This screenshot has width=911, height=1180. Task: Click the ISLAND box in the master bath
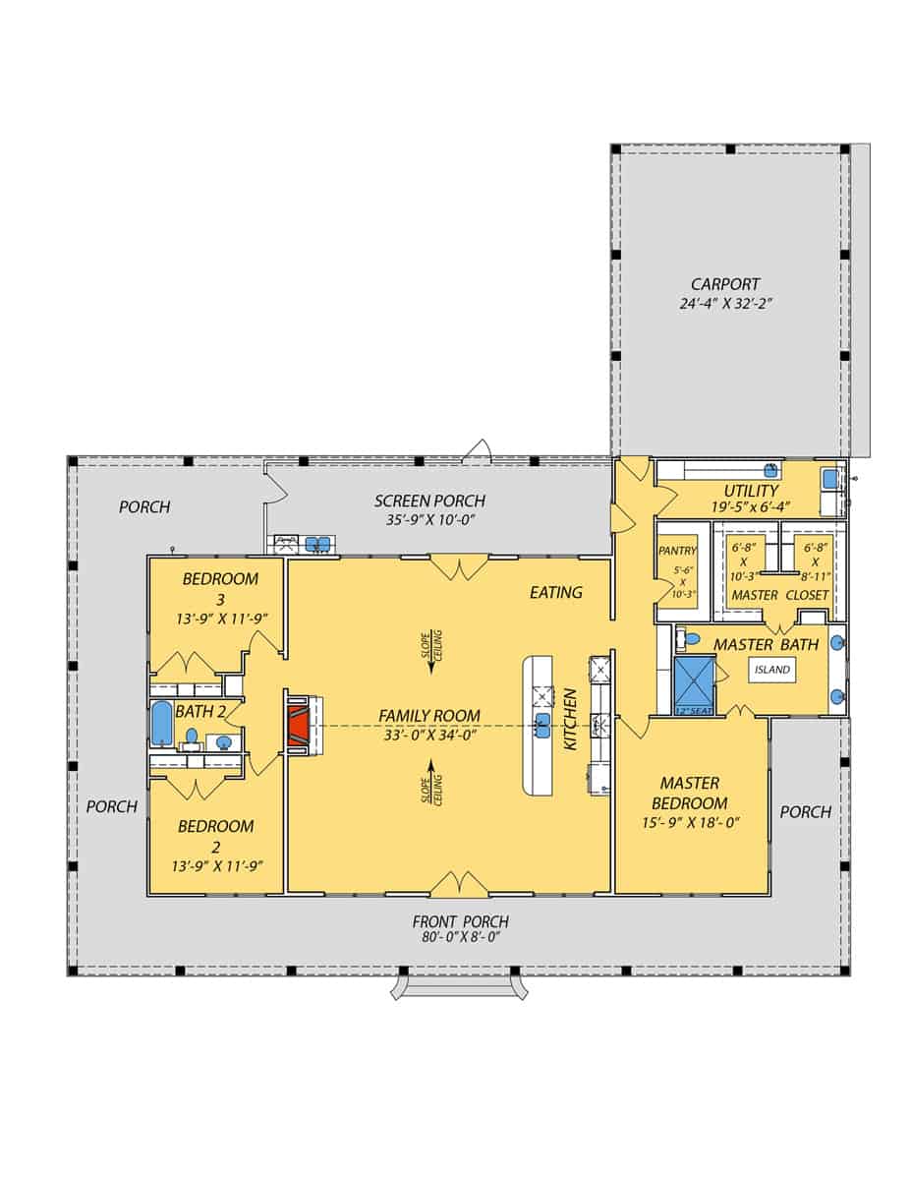point(772,670)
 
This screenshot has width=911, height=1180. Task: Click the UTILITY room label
point(751,491)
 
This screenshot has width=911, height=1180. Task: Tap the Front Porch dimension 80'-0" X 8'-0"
point(461,937)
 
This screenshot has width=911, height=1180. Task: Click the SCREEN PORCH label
point(429,501)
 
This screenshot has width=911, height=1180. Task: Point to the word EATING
point(556,592)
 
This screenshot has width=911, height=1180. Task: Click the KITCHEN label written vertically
point(569,720)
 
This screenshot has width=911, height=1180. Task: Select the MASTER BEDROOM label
point(689,793)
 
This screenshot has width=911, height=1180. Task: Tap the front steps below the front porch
point(459,986)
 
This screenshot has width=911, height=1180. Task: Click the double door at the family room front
point(459,884)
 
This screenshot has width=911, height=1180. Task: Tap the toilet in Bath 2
point(193,736)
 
